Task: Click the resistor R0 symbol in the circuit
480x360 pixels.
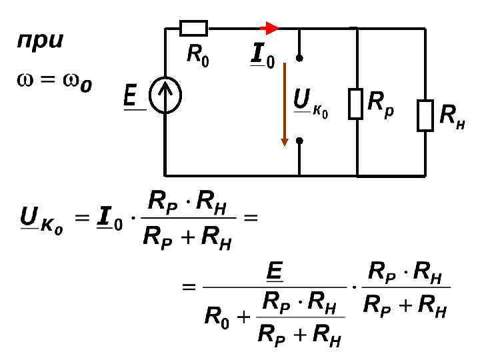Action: (x=194, y=28)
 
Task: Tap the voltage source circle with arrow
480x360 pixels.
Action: (x=165, y=97)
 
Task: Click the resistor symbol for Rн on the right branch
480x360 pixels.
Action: (x=425, y=115)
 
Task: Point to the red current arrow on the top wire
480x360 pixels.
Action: (x=269, y=28)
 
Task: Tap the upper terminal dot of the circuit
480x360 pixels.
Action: (x=300, y=58)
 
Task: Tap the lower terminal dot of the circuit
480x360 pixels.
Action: (x=300, y=141)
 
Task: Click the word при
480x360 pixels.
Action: (x=40, y=40)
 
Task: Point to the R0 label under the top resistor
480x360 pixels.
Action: (x=197, y=58)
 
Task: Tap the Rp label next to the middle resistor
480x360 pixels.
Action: (x=381, y=102)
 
